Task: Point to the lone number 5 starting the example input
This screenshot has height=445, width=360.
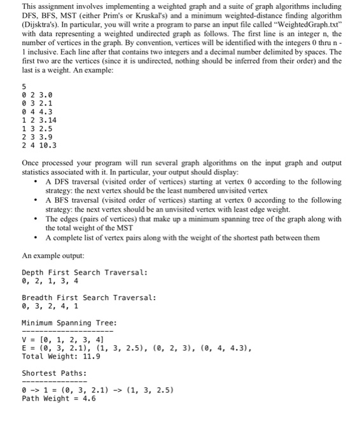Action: tap(24, 86)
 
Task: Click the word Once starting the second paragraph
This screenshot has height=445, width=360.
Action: tap(32, 163)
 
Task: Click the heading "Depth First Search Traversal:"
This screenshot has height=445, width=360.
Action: tap(85, 272)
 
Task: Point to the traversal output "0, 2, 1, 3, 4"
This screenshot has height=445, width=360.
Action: tap(50, 280)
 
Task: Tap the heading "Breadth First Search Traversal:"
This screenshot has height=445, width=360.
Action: tap(89, 298)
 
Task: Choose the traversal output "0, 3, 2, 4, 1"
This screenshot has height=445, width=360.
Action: tap(50, 306)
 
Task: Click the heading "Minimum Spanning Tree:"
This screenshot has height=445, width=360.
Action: tap(69, 323)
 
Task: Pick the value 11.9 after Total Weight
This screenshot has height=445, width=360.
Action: tap(92, 356)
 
